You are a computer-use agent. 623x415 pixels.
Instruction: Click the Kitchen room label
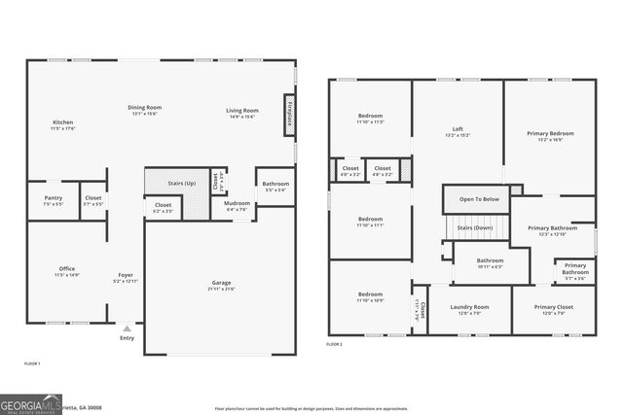(63, 122)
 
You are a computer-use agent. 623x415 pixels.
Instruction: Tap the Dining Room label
(144, 107)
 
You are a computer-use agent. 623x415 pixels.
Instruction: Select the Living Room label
(242, 111)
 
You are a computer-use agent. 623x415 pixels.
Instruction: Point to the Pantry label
(54, 198)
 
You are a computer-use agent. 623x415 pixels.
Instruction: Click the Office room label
(66, 269)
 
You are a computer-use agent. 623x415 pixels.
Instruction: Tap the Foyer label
(126, 276)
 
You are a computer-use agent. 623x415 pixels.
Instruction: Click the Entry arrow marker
(127, 329)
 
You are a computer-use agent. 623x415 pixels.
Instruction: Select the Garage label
(222, 283)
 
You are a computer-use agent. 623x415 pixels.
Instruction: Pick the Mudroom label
(237, 204)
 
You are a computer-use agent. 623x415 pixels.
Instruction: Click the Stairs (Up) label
(182, 183)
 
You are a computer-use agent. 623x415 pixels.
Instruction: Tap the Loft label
(458, 130)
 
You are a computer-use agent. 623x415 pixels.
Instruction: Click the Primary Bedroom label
(550, 134)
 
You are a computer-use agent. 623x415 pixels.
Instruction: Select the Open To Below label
(480, 199)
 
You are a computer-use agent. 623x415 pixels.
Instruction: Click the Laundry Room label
(469, 308)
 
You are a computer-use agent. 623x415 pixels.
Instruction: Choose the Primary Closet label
(553, 308)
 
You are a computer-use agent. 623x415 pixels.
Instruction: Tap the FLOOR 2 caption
(335, 344)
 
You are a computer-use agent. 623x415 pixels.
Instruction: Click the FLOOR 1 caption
(32, 363)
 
